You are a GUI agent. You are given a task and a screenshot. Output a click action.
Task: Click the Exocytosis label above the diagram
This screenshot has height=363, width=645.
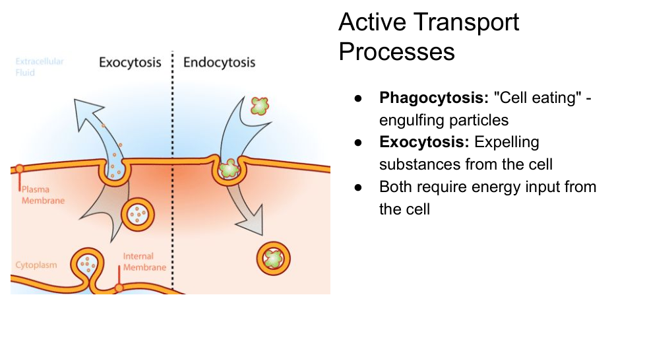point(130,63)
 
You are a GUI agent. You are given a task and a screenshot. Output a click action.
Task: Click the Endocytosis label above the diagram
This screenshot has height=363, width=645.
point(219,63)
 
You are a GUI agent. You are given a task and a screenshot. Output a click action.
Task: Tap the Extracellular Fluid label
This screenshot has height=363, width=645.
point(40,67)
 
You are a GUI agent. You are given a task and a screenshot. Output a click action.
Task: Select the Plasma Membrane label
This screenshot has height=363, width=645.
point(43,195)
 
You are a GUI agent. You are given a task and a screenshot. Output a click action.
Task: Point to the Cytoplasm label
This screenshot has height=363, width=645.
point(36,265)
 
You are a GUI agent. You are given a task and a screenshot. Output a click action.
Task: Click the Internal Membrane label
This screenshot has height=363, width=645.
point(144,261)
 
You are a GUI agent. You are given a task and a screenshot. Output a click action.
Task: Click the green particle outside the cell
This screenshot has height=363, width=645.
point(261,105)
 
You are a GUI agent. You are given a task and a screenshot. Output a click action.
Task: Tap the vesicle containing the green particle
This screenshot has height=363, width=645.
point(272,257)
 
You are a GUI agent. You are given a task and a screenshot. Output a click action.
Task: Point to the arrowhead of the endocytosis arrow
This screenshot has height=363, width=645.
point(252,224)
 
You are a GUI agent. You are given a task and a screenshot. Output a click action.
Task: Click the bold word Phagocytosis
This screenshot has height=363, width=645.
point(433,98)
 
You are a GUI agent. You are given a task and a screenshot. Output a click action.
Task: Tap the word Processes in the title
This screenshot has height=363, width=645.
point(397,51)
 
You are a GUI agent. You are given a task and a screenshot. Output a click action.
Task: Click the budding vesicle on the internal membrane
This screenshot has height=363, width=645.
point(88,264)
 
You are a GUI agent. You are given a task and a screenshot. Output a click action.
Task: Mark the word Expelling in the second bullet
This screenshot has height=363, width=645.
point(507,142)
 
